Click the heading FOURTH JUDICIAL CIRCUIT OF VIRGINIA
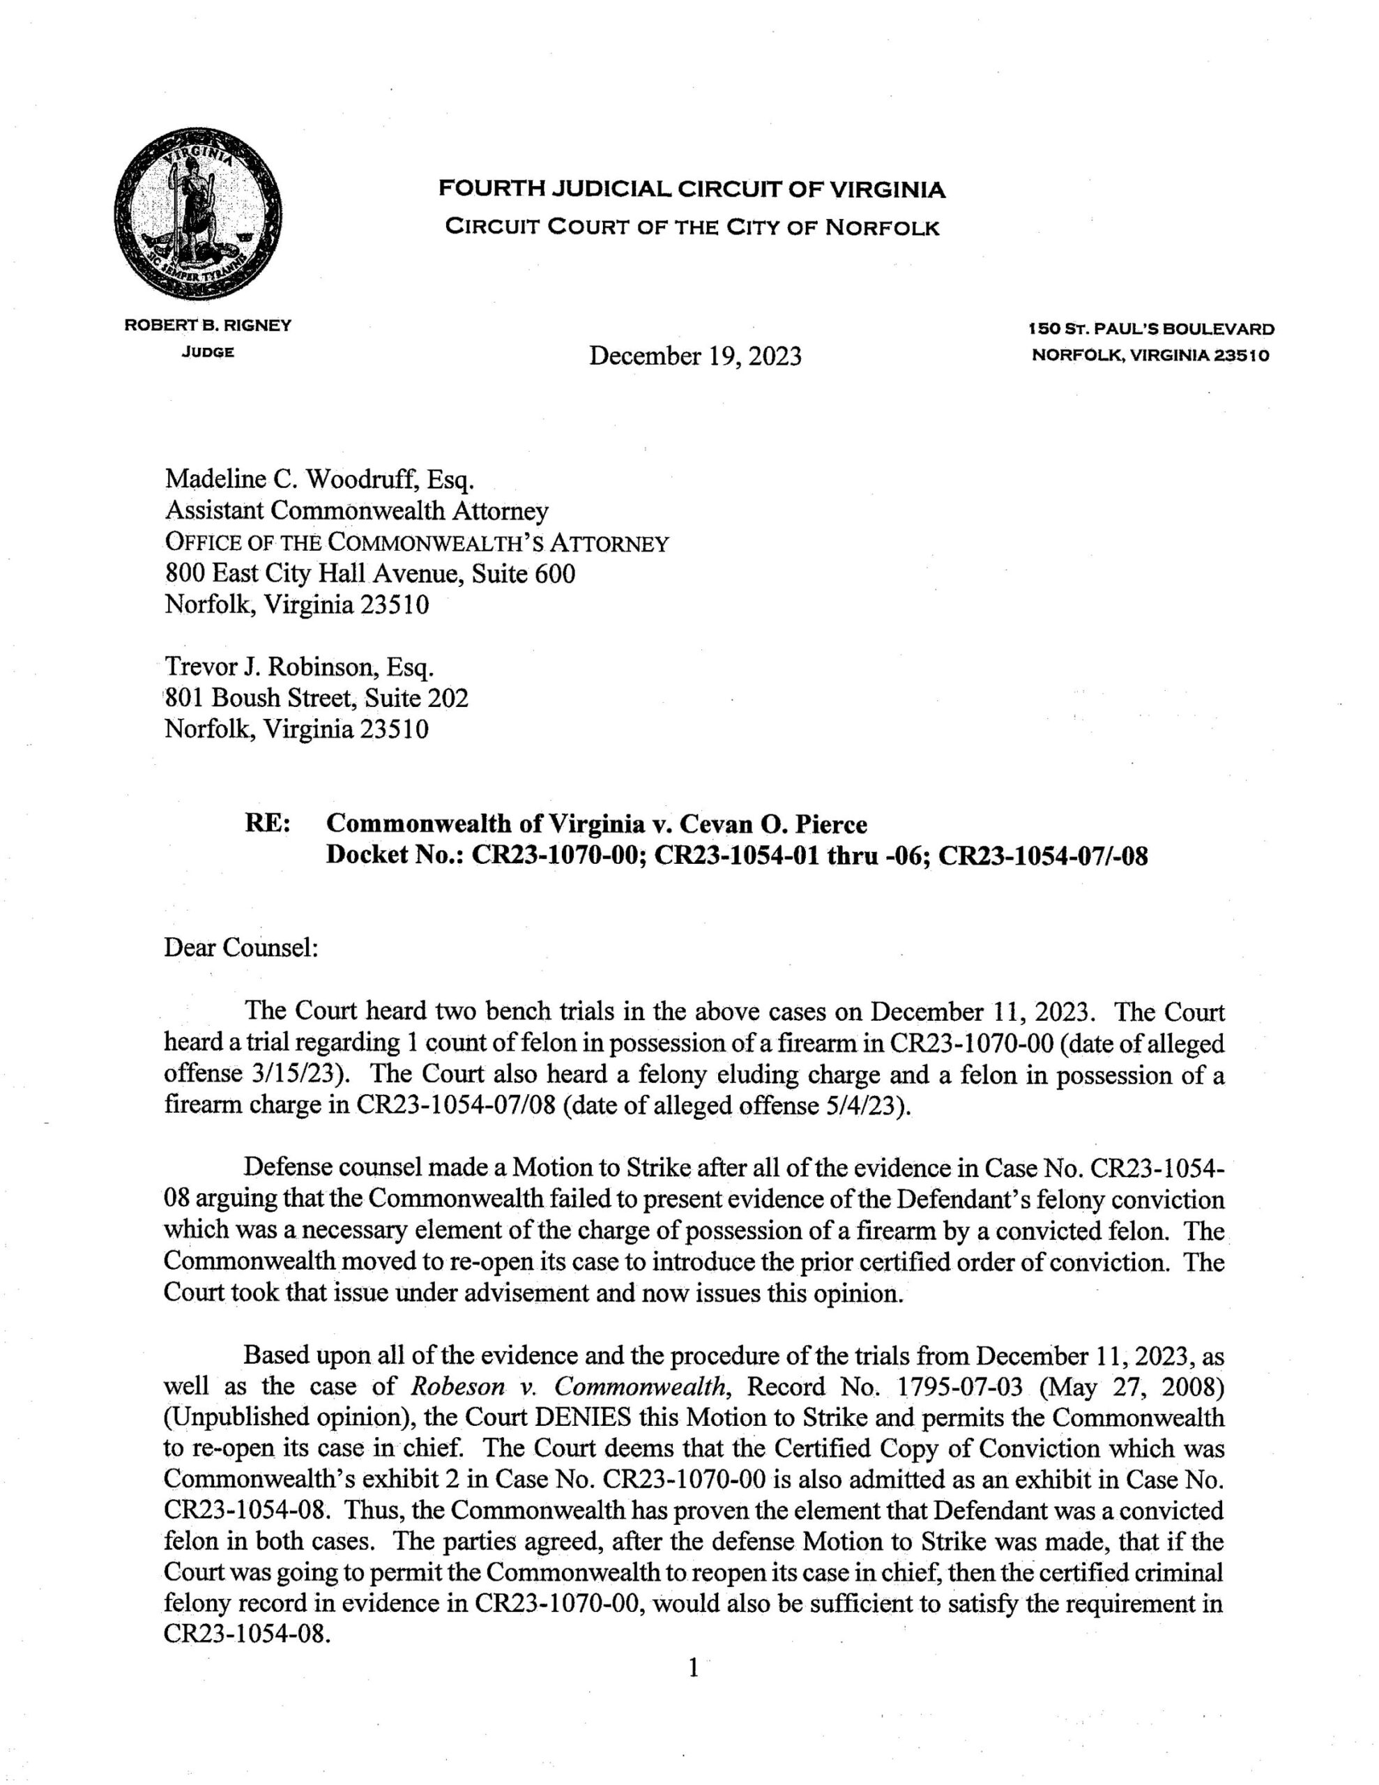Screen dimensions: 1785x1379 (x=692, y=190)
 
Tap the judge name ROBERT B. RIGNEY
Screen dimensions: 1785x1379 (x=208, y=326)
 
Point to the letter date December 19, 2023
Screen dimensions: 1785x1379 (x=695, y=356)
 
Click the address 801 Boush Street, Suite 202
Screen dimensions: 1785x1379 (x=317, y=698)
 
